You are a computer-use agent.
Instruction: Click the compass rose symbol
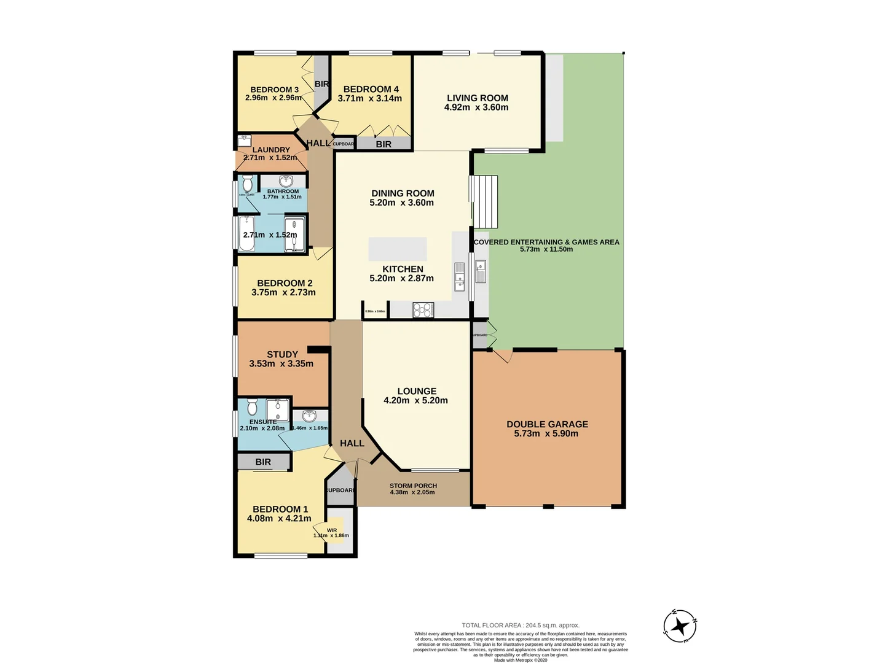[680, 627]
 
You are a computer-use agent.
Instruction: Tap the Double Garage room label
[547, 424]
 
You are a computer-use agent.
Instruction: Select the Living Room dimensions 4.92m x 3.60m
[476, 107]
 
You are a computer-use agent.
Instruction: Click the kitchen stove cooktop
[423, 310]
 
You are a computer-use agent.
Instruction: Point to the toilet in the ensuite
[251, 407]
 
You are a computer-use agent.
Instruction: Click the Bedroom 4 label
[371, 89]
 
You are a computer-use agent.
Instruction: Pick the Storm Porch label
[413, 486]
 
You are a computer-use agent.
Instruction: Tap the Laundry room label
[271, 150]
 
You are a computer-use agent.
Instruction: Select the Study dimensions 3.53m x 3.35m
[281, 364]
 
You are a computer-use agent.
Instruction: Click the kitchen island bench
[398, 249]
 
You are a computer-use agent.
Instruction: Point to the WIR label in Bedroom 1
[332, 530]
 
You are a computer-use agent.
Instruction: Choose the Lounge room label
[417, 391]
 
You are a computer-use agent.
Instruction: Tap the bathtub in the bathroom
[246, 233]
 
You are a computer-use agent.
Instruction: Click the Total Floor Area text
[521, 626]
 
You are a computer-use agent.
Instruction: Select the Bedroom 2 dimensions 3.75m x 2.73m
[283, 293]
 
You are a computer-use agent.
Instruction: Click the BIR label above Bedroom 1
[263, 462]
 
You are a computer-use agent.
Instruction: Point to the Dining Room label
[403, 193]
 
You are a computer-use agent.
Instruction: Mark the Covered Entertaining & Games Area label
[546, 242]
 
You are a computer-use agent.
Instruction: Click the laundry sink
[245, 140]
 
